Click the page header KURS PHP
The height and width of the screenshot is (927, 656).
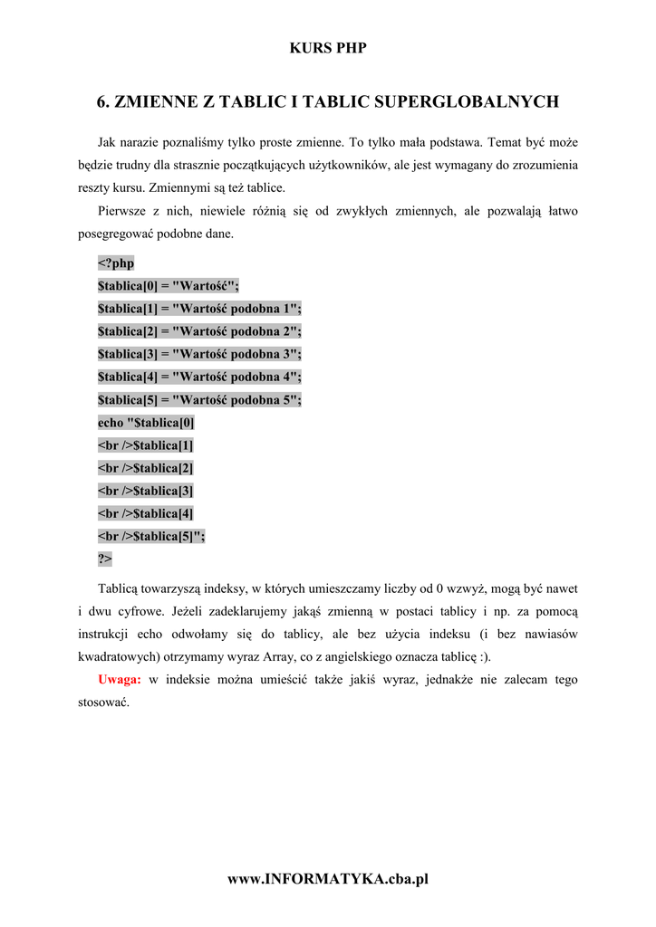(x=328, y=48)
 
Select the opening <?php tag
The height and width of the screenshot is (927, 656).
(x=116, y=263)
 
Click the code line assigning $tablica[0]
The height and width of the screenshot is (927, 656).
(x=169, y=286)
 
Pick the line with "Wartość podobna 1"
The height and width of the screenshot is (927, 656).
(x=199, y=309)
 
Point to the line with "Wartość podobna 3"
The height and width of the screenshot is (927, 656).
(x=199, y=354)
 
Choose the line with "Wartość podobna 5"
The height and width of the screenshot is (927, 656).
(x=199, y=399)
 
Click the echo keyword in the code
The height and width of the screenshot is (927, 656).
(x=111, y=423)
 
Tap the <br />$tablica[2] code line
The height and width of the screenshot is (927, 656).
(x=145, y=468)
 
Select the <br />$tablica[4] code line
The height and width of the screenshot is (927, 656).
(x=145, y=513)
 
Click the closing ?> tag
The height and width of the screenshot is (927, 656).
(x=105, y=559)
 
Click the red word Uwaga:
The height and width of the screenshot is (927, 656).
(x=119, y=679)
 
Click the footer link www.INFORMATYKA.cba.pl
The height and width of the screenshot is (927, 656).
(x=328, y=879)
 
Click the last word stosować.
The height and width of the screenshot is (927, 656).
(x=104, y=702)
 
